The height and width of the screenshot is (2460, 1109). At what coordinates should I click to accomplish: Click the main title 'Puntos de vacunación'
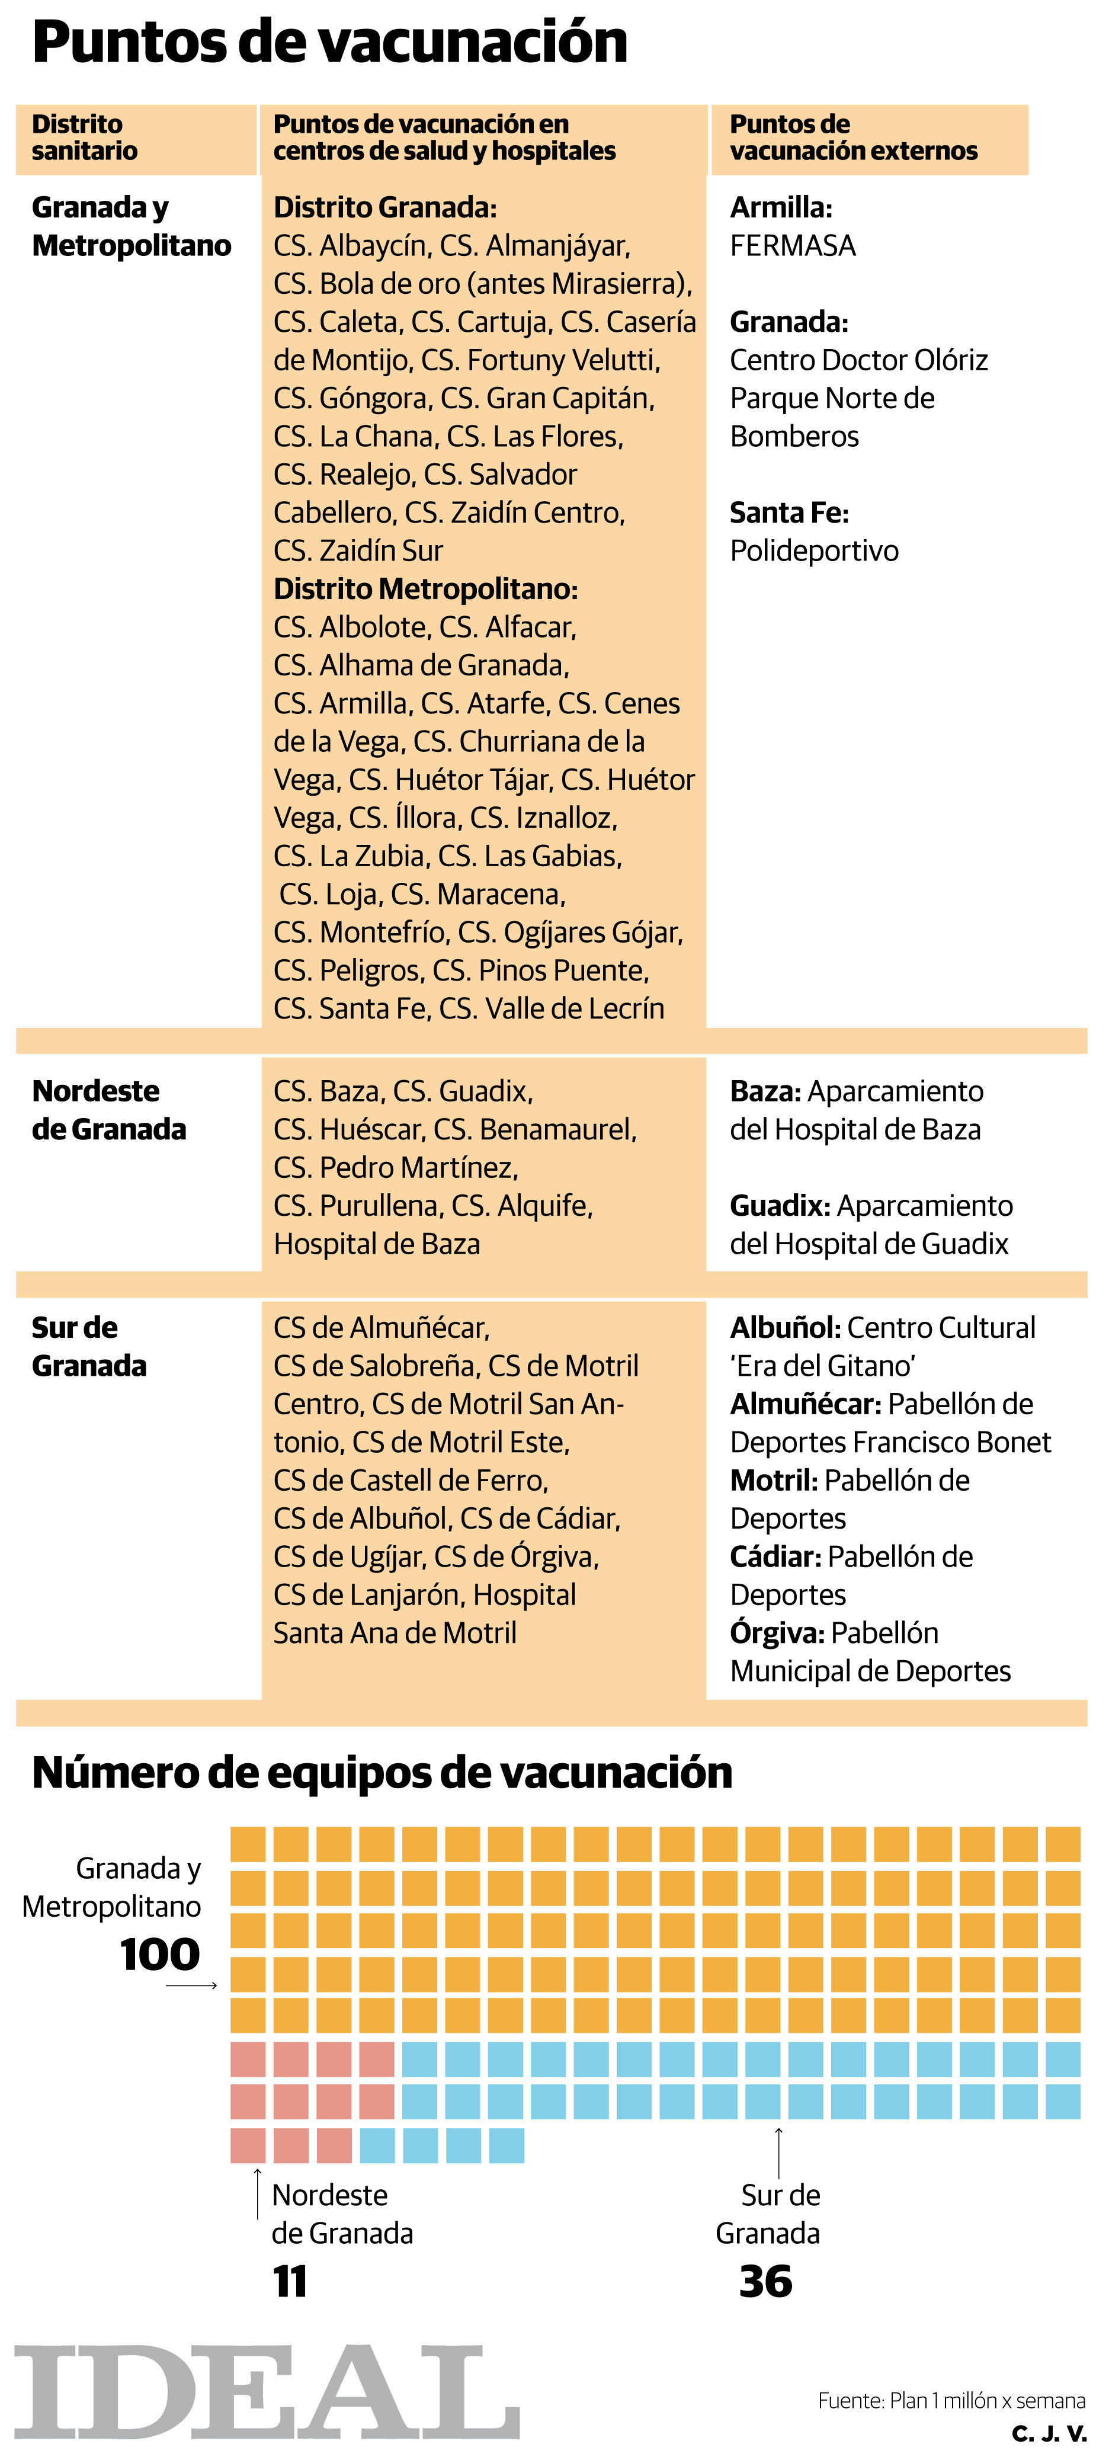(x=329, y=43)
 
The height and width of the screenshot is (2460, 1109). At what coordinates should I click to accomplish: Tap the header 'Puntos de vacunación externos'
(x=853, y=137)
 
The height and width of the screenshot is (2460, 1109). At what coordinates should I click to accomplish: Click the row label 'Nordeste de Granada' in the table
(x=109, y=1110)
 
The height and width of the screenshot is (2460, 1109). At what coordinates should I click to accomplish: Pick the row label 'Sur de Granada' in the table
(x=89, y=1347)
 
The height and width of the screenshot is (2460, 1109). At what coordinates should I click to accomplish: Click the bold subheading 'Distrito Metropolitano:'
(x=425, y=589)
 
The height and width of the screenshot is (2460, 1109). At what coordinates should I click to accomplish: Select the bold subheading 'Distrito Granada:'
(x=385, y=207)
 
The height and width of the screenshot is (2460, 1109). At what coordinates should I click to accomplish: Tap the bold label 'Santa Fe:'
(x=789, y=513)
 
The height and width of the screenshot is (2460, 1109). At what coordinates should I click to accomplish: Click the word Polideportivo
(x=814, y=551)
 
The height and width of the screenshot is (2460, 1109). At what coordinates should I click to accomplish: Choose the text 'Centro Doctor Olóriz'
(x=859, y=360)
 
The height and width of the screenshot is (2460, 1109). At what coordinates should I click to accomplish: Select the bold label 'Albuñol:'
(x=784, y=1327)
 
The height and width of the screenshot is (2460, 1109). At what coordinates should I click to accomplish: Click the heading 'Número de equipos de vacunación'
(x=382, y=1773)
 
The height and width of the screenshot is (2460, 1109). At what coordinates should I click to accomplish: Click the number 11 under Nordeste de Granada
(x=290, y=2282)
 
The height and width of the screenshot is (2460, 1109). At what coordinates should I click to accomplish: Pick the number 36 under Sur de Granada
(x=765, y=2282)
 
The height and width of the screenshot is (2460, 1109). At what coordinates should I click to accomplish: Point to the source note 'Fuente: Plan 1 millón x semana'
(x=951, y=2400)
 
